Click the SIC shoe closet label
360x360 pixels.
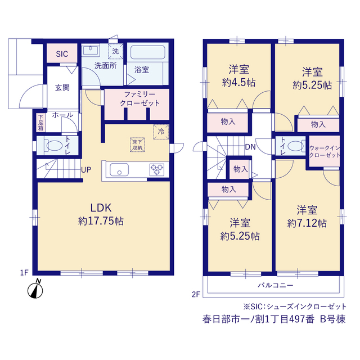pyautogui.click(x=62, y=54)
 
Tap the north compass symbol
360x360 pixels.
pyautogui.click(x=35, y=289)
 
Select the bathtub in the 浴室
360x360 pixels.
pyautogui.click(x=148, y=52)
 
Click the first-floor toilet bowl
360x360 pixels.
pyautogui.click(x=55, y=146)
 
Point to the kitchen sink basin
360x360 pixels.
pyautogui.click(x=119, y=170)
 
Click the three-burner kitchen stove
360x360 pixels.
pyautogui.click(x=157, y=170)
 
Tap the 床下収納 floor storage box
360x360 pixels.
pyautogui.click(x=137, y=145)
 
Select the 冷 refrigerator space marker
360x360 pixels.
pyautogui.click(x=161, y=132)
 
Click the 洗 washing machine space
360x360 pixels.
pyautogui.click(x=115, y=51)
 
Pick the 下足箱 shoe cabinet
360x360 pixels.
pyautogui.click(x=40, y=123)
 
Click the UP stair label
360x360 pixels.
pyautogui.click(x=86, y=170)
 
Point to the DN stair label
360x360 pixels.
pyautogui.click(x=250, y=147)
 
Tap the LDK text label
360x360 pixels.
pyautogui.click(x=101, y=208)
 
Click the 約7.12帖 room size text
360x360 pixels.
pyautogui.click(x=307, y=223)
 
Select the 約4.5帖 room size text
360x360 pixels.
pyautogui.click(x=238, y=83)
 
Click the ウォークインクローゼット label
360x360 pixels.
pyautogui.click(x=325, y=151)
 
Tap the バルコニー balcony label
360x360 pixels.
pyautogui.click(x=276, y=285)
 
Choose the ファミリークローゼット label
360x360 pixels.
pyautogui.click(x=139, y=99)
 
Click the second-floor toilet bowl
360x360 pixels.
pyautogui.click(x=295, y=146)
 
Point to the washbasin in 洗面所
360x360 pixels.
pyautogui.click(x=91, y=51)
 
